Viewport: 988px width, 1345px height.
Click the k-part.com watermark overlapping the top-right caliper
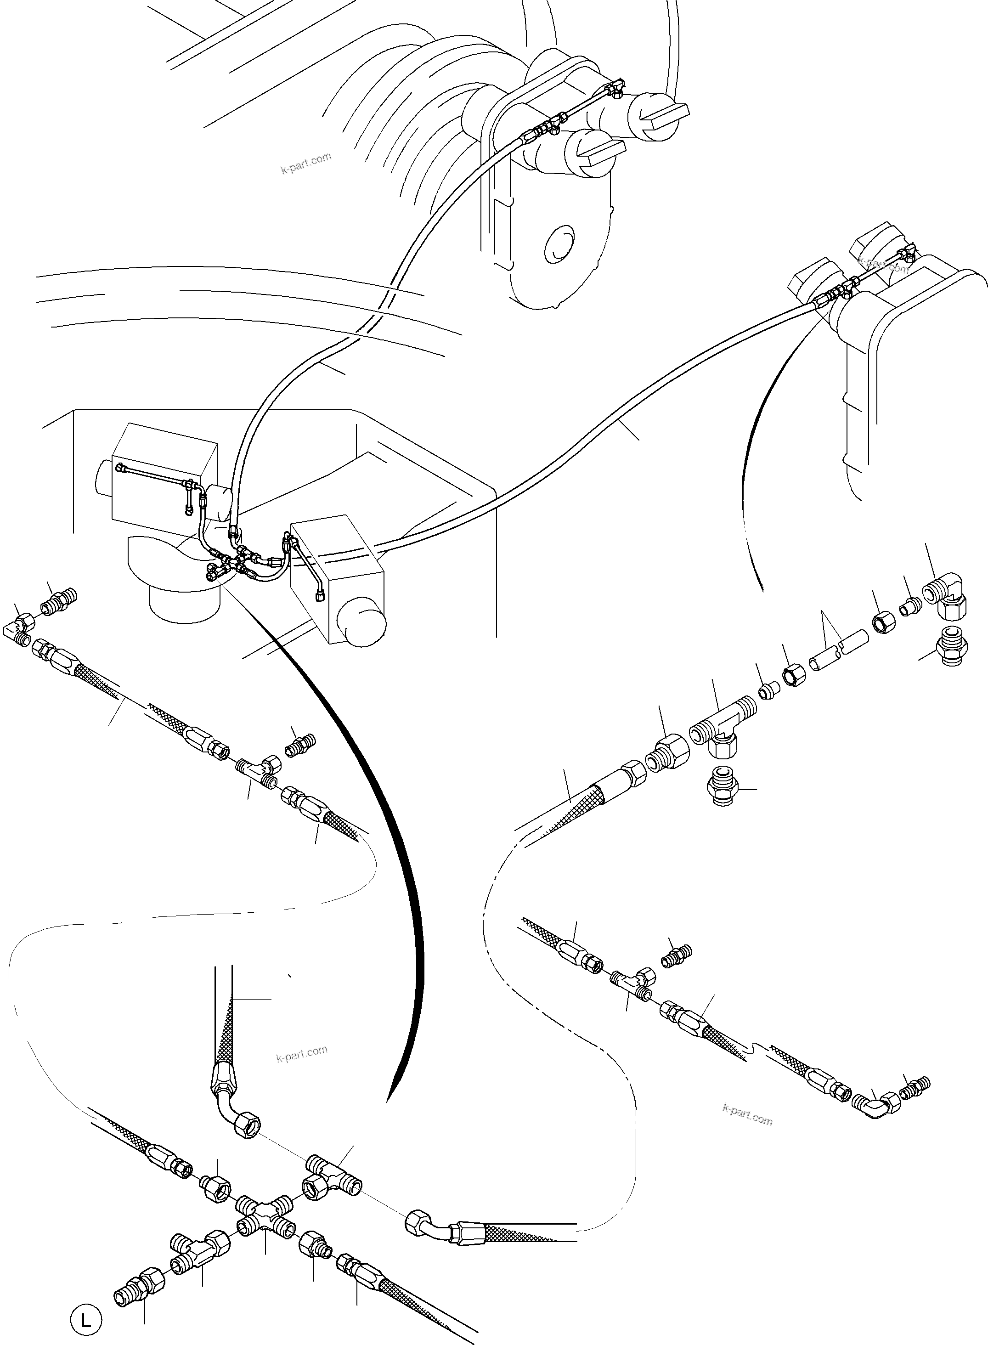point(883,265)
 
